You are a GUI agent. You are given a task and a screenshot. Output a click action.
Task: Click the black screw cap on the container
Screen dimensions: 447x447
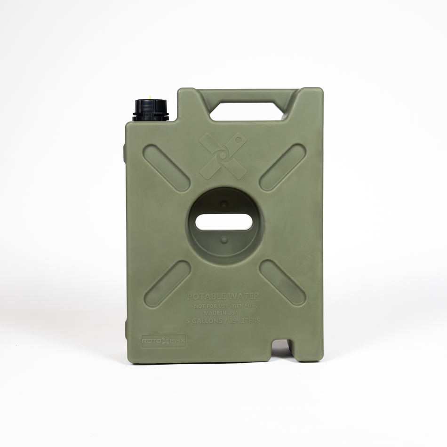pyautogui.click(x=150, y=111)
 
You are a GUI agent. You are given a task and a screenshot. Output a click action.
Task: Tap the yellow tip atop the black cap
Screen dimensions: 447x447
pyautogui.click(x=150, y=97)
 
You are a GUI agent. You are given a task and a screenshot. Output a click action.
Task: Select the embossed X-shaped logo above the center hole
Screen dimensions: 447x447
pyautogui.click(x=223, y=156)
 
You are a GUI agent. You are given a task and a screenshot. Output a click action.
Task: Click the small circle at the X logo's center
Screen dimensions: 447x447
pyautogui.click(x=223, y=155)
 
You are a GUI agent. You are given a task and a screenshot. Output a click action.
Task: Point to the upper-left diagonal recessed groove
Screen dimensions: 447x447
pyautogui.click(x=167, y=168)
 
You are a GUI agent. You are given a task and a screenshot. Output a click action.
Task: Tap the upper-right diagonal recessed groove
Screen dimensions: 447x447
pyautogui.click(x=282, y=168)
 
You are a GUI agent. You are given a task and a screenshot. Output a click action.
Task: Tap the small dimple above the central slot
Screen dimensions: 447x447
pyautogui.click(x=224, y=204)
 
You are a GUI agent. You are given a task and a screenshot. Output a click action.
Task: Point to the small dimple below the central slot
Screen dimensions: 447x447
pyautogui.click(x=224, y=240)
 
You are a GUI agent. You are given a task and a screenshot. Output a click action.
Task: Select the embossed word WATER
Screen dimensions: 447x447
pyautogui.click(x=243, y=297)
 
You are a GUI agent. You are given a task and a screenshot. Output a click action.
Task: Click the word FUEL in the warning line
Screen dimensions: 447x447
pyautogui.click(x=250, y=306)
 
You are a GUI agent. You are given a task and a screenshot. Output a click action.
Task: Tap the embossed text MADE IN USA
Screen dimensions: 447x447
pyautogui.click(x=223, y=313)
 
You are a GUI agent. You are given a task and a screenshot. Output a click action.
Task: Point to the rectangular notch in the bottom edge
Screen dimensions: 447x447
pyautogui.click(x=282, y=348)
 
